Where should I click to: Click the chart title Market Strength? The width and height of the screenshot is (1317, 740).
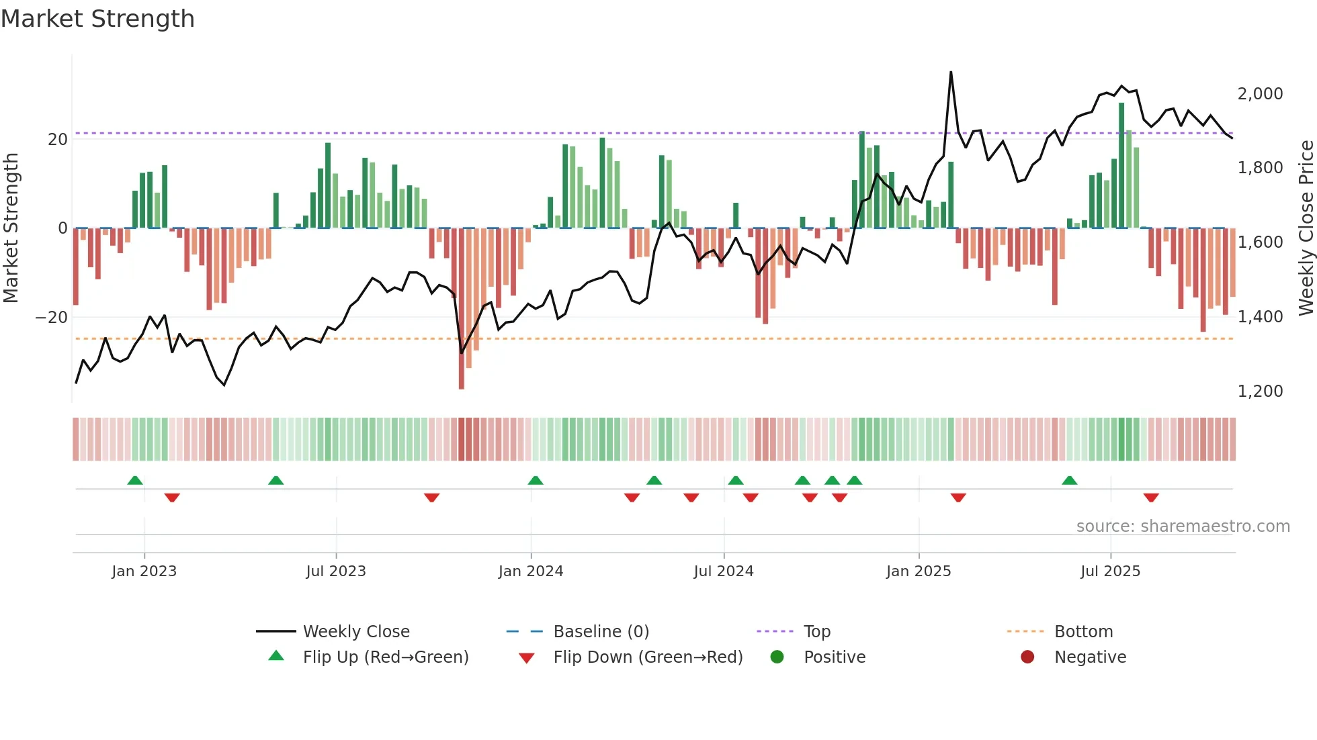(97, 19)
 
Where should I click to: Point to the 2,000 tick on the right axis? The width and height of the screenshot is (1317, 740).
(1260, 94)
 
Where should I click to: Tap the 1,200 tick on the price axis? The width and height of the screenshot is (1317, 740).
(1260, 391)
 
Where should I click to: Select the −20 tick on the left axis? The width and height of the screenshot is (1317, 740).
(52, 317)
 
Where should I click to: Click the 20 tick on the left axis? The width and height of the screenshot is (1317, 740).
(58, 140)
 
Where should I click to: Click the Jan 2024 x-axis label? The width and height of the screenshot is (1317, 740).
(530, 571)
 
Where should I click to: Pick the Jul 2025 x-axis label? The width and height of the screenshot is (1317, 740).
(1110, 571)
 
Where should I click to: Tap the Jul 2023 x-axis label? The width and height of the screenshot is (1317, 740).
(335, 571)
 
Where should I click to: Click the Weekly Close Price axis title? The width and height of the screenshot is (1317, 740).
(1306, 228)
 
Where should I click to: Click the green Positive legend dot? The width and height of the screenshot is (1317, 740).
(777, 657)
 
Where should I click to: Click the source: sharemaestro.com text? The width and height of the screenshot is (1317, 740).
(1183, 526)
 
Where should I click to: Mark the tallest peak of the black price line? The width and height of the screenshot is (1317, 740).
(951, 73)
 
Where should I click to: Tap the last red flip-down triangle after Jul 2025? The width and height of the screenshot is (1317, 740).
(1151, 498)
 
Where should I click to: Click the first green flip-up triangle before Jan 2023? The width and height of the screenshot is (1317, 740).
(135, 480)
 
